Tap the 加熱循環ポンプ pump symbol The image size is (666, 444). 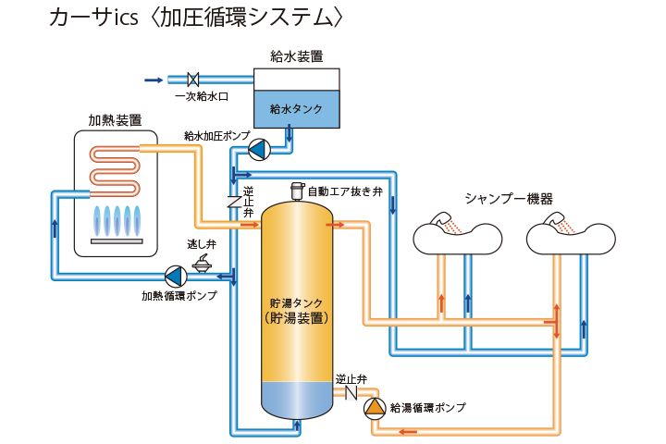point(175,275)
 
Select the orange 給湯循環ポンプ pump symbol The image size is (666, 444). point(373,407)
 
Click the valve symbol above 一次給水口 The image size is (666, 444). point(194,80)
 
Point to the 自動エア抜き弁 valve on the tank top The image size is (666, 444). point(296,191)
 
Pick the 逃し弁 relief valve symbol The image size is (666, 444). point(201,264)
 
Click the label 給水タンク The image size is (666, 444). point(296,109)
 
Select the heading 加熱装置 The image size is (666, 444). point(115,120)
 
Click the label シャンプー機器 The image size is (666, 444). point(509,198)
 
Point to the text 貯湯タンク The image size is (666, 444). point(296,302)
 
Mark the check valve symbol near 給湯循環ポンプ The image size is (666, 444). point(351,392)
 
